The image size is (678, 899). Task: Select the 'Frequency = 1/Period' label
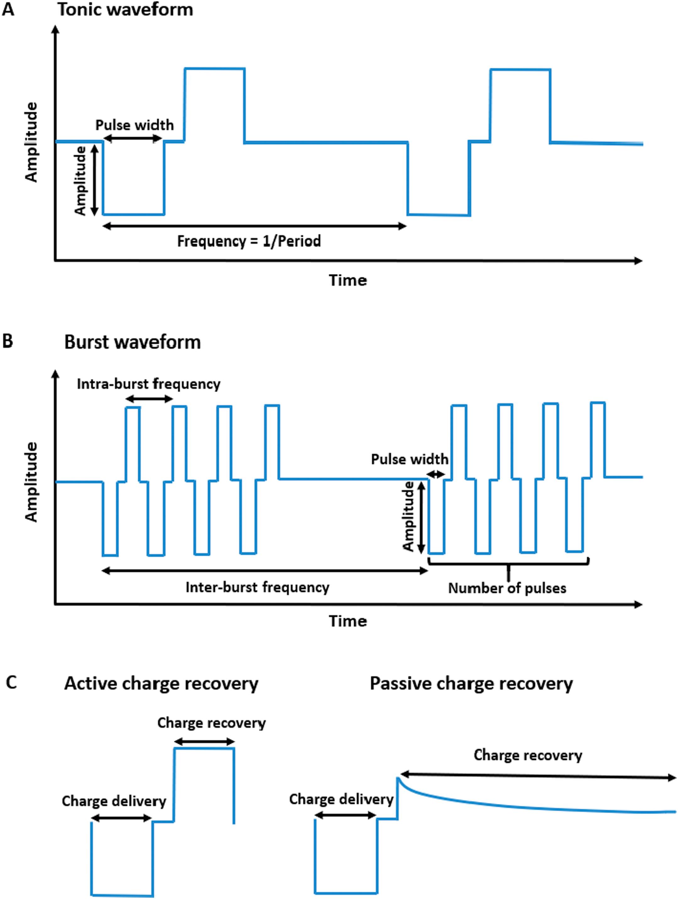click(x=249, y=241)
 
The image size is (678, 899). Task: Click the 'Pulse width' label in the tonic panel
click(x=134, y=125)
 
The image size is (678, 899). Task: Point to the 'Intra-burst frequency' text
click(x=149, y=384)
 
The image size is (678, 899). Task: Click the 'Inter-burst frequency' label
click(x=257, y=587)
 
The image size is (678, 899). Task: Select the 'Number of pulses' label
click(x=507, y=588)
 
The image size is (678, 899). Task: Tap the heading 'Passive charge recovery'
click(x=471, y=684)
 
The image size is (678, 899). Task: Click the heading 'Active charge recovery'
click(x=161, y=684)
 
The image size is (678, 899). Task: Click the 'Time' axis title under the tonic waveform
click(x=348, y=280)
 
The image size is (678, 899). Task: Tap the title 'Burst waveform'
click(x=132, y=342)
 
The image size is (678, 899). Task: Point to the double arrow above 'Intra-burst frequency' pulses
click(x=149, y=399)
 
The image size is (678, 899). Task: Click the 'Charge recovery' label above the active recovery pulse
click(x=211, y=723)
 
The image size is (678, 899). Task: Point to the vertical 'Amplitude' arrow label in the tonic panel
click(x=80, y=180)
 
